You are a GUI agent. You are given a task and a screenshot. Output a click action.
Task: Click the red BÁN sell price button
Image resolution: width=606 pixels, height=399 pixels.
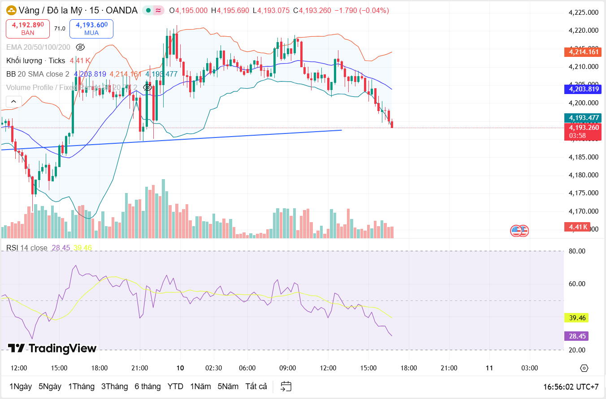pyautogui.click(x=28, y=29)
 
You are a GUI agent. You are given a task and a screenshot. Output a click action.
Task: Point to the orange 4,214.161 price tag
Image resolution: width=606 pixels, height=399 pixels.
pyautogui.click(x=583, y=52)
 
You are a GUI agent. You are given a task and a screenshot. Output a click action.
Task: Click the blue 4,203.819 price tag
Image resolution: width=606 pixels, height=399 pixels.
pyautogui.click(x=583, y=89)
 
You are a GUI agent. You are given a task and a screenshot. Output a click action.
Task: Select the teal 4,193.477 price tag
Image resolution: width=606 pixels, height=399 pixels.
pyautogui.click(x=583, y=118)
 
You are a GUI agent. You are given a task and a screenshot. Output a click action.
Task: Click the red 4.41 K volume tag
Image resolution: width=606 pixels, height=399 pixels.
pyautogui.click(x=577, y=227)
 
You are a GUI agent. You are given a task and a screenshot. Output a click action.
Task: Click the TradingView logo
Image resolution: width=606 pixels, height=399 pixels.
pyautogui.click(x=52, y=348)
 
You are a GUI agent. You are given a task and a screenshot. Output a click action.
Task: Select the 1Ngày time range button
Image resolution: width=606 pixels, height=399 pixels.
pyautogui.click(x=21, y=386)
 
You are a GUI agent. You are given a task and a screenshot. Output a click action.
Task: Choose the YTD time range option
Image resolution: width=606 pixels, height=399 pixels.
pyautogui.click(x=175, y=386)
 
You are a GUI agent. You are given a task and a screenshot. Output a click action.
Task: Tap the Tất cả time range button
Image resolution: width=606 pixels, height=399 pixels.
pyautogui.click(x=256, y=386)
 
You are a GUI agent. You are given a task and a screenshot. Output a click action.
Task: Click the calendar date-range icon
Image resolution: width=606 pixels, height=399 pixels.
pyautogui.click(x=286, y=386)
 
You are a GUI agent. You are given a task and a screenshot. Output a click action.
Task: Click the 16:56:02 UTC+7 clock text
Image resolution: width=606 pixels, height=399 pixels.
pyautogui.click(x=571, y=386)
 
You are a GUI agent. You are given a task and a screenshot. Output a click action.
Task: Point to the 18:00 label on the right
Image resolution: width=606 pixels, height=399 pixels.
pyautogui.click(x=408, y=368)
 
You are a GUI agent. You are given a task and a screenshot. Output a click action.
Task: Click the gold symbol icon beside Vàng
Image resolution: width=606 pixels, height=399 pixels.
pyautogui.click(x=11, y=10)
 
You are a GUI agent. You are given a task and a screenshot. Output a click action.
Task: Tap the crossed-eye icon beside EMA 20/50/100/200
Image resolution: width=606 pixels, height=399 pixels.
pyautogui.click(x=81, y=47)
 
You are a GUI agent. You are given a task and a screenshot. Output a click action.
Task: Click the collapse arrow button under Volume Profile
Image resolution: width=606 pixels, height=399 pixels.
pyautogui.click(x=13, y=102)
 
